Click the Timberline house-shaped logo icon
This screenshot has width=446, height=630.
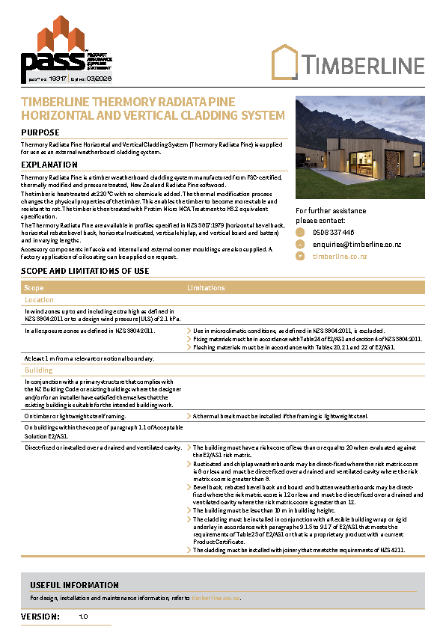coord(284,61)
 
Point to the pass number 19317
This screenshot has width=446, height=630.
coord(58,78)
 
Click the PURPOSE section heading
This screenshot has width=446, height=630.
coord(40,132)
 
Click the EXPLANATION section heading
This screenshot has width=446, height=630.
coord(49,165)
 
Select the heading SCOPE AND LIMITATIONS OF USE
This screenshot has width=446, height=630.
coord(85,271)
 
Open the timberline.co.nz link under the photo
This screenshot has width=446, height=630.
coord(340,256)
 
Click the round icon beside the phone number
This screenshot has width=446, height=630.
coord(301,233)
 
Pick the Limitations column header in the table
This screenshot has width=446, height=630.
coord(206,288)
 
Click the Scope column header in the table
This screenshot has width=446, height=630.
coord(34,288)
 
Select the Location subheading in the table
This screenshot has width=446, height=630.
coord(39,300)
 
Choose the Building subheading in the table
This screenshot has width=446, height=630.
coord(39,370)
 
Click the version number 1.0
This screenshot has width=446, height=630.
coord(83,617)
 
